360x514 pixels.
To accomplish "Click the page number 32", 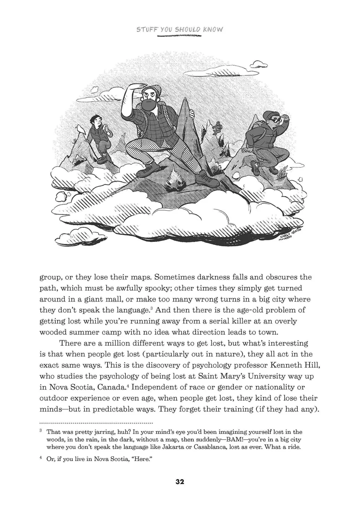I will pyautogui.click(x=180, y=482).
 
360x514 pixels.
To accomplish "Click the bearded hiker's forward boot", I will pyautogui.click(x=207, y=180).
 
